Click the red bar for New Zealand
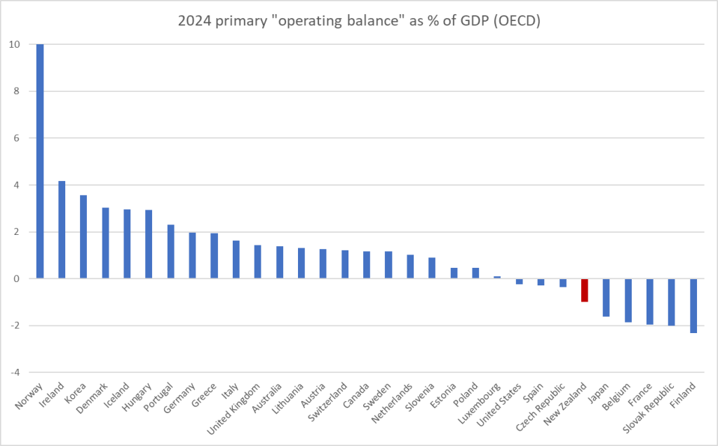[584, 290]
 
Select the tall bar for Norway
[39, 161]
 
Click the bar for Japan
[606, 297]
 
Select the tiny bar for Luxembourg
[497, 277]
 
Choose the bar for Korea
[83, 236]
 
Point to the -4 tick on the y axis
[16, 372]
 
